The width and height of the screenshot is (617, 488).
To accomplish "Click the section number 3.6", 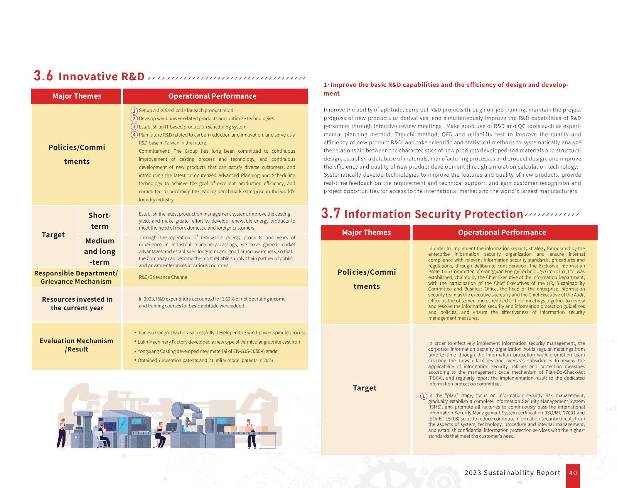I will click(x=43, y=76).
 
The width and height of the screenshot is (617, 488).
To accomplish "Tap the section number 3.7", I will click(x=330, y=213).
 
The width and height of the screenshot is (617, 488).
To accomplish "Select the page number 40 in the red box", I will click(x=573, y=473).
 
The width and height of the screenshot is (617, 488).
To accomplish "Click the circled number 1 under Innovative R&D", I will click(x=134, y=111).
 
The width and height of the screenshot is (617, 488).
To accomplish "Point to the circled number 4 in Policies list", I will click(x=134, y=135).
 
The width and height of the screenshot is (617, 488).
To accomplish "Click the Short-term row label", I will click(x=99, y=221).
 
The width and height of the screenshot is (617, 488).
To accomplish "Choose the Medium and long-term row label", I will click(x=99, y=251).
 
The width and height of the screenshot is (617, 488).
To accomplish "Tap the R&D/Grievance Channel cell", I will click(x=164, y=277).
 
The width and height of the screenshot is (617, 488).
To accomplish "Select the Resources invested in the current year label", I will click(x=77, y=304).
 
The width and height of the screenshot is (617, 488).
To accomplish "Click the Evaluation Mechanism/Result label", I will click(x=76, y=345).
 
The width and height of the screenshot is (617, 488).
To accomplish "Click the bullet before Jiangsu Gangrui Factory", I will click(x=135, y=333).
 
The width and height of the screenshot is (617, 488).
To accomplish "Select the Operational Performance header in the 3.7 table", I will click(x=502, y=233).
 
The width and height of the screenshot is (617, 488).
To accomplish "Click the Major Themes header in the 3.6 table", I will click(x=77, y=96).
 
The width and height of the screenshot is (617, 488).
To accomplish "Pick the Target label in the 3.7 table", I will click(x=364, y=388).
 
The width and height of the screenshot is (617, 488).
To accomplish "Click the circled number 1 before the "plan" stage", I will click(x=424, y=396).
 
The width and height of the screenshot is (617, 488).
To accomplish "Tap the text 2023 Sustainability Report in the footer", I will click(x=512, y=473).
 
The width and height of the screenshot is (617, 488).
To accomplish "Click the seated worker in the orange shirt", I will click(x=103, y=432).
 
